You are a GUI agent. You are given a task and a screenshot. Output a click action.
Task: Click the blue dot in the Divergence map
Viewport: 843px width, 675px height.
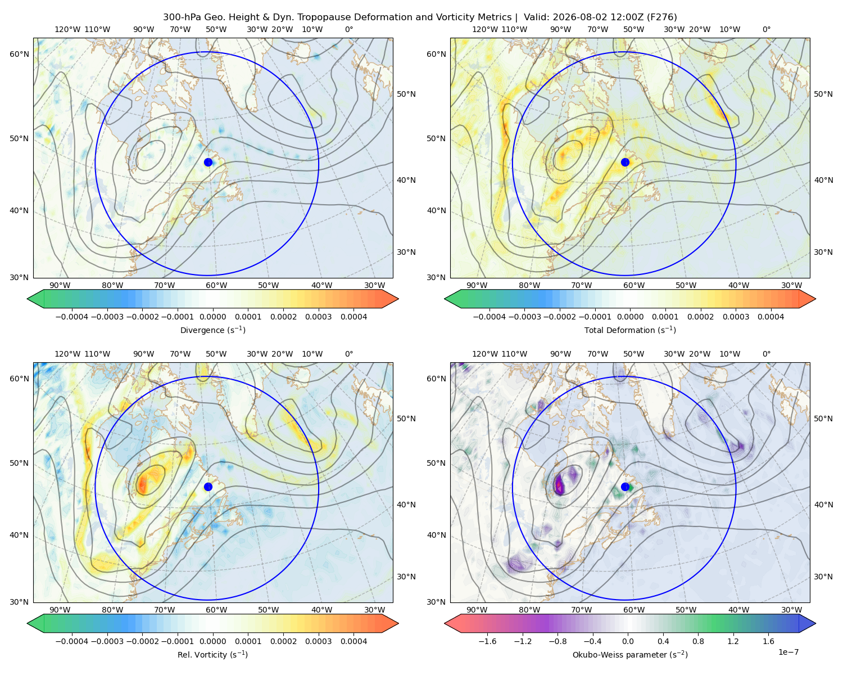point(208,162)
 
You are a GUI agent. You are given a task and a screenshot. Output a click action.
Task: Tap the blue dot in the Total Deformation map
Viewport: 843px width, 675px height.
point(625,162)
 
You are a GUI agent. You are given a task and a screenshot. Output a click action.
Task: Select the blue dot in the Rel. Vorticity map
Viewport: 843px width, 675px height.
point(208,487)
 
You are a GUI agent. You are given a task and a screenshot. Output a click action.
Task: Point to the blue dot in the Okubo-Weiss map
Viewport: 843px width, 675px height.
point(625,487)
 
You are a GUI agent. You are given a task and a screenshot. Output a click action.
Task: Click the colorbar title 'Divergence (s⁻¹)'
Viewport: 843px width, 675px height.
point(212,330)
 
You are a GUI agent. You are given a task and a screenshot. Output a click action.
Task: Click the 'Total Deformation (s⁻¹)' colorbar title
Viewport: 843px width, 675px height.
point(630,330)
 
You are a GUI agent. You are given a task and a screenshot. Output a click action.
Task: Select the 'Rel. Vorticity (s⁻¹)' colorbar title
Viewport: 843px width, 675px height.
point(212,654)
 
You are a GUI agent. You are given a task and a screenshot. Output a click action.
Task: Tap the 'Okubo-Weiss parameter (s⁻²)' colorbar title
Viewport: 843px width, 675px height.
point(630,654)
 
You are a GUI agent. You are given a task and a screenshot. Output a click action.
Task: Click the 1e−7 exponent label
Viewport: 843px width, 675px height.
point(788,652)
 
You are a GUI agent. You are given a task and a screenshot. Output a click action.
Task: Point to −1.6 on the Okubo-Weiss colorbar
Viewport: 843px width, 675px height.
point(487,641)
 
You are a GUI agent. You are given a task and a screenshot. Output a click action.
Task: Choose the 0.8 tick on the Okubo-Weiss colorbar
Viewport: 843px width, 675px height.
point(698,641)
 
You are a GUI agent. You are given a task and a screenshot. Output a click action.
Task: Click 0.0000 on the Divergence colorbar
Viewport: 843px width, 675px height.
point(212,317)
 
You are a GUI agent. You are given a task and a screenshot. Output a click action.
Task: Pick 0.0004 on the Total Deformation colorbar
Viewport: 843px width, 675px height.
point(771,317)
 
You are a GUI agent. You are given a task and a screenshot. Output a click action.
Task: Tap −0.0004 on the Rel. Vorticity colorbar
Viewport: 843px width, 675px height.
point(72,641)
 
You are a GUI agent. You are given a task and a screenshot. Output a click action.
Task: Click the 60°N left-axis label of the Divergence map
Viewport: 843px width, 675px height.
point(19,54)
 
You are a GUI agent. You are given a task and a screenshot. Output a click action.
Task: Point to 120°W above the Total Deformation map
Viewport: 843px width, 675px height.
point(485,29)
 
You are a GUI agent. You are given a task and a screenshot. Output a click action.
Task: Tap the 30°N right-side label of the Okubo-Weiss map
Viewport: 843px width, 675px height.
point(823,576)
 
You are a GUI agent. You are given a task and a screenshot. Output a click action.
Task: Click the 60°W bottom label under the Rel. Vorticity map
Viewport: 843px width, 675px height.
point(216,610)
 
